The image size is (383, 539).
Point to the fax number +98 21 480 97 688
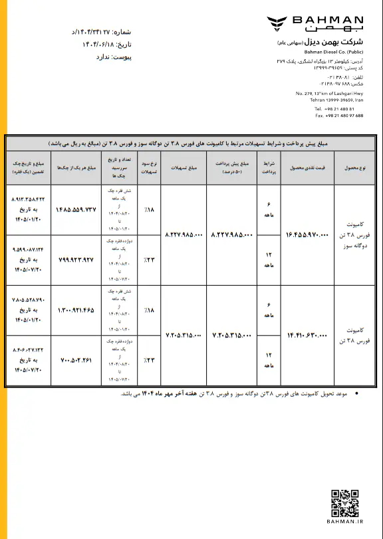click(339, 115)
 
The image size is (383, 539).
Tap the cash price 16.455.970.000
click(307, 235)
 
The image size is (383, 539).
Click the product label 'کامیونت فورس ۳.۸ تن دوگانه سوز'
click(357, 235)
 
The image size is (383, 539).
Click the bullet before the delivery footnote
click(358, 393)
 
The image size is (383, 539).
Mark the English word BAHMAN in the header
click(333, 21)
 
